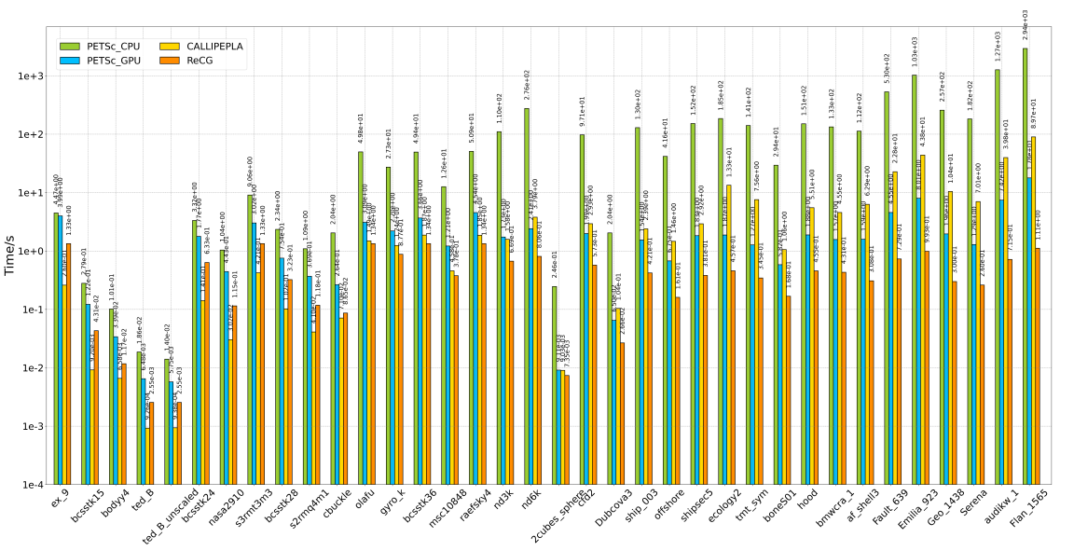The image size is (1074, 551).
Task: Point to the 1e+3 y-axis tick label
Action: coord(26,76)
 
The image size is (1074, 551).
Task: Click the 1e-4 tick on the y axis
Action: coord(26,485)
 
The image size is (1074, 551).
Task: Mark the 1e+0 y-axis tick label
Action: coord(26,252)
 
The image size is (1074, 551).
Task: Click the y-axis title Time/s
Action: coord(10,255)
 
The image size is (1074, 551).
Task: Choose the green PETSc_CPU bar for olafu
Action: coord(361,318)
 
